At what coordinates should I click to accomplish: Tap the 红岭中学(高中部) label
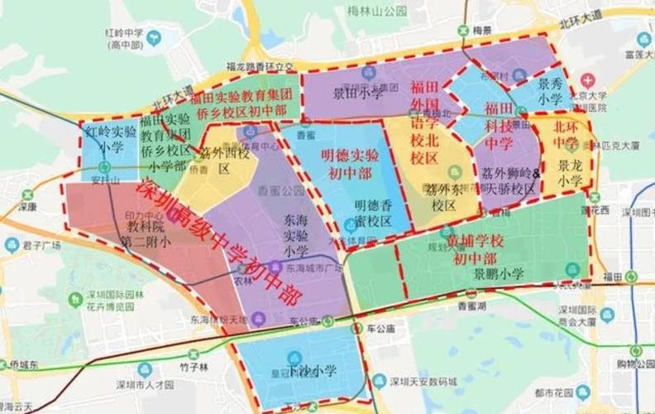pyautogui.click(x=126, y=36)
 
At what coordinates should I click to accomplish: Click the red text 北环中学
pyautogui.click(x=567, y=136)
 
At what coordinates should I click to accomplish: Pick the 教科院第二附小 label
pyautogui.click(x=141, y=233)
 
